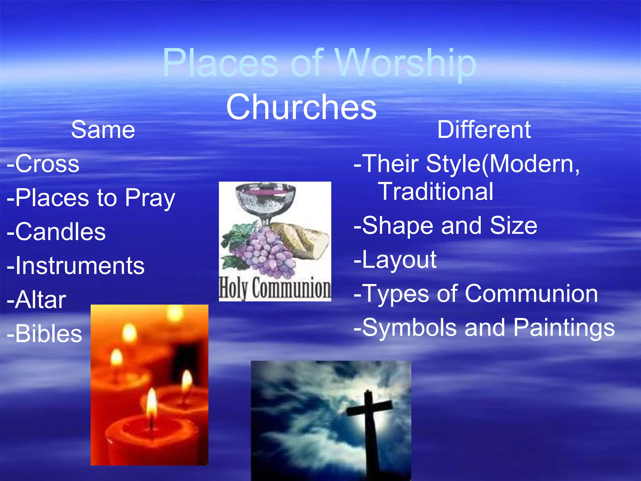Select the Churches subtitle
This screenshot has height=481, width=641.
[x=301, y=107]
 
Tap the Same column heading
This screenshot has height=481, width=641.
[x=103, y=130]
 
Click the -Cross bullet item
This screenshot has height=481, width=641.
[x=43, y=164]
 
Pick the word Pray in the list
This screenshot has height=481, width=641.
[x=150, y=199]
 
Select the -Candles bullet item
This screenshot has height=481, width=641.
[x=56, y=232]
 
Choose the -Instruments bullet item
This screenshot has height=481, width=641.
[x=76, y=266]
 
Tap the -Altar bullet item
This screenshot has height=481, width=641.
[x=37, y=300]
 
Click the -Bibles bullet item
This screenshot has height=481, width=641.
[x=44, y=334]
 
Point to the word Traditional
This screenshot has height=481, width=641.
[x=436, y=191]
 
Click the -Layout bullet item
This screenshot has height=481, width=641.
[x=395, y=260]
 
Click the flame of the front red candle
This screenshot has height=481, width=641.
[x=151, y=402]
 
